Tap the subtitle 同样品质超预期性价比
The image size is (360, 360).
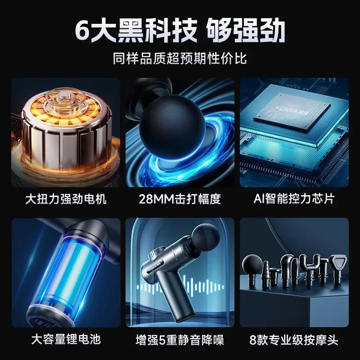pos(180,58)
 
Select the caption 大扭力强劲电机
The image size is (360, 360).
pos(66,199)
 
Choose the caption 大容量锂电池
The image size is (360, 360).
pos(66,339)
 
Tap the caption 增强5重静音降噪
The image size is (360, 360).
pos(180,339)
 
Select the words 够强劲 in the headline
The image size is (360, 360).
pos(246,31)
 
